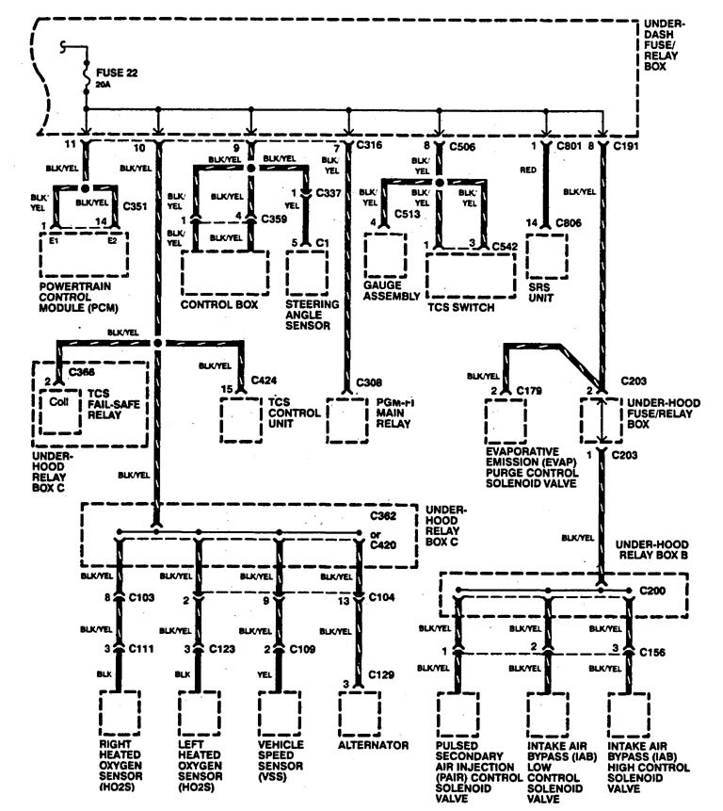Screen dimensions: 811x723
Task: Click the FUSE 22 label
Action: (116, 69)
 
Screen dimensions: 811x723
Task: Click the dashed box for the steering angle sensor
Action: (307, 272)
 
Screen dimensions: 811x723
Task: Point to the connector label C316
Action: (371, 147)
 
